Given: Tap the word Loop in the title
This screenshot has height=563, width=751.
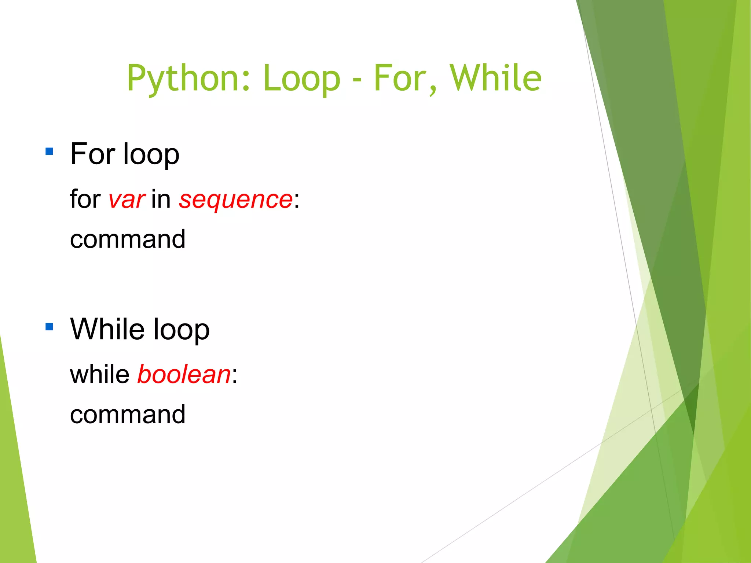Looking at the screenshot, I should [302, 78].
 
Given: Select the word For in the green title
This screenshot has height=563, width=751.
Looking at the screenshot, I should [404, 78].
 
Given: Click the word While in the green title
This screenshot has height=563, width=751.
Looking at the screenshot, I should [495, 78].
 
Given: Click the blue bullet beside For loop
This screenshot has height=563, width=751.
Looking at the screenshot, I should [50, 151].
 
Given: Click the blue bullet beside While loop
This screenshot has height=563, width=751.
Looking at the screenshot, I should [50, 326].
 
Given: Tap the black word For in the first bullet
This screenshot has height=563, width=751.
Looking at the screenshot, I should [93, 154].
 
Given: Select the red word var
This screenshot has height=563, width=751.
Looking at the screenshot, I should [127, 200].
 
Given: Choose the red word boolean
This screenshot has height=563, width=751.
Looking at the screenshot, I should [184, 375].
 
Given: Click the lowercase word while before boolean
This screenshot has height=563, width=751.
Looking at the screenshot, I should [100, 374].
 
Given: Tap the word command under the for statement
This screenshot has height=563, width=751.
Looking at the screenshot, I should [128, 239].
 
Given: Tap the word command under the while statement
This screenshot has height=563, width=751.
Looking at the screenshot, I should [128, 414].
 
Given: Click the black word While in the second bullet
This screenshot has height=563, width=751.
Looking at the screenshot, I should [107, 329].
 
